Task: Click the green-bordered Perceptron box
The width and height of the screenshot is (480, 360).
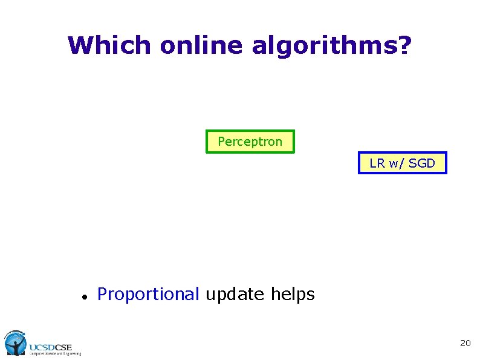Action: pos(250,142)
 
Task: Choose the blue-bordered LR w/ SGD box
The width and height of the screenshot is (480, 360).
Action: pos(402,163)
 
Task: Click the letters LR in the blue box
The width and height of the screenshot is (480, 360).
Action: pos(377,163)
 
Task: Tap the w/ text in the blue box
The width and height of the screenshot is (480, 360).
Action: pos(397,163)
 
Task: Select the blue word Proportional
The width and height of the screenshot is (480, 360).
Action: pos(148,295)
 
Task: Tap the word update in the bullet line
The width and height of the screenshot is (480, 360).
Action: pos(235,295)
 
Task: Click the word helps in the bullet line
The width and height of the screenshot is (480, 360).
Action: pos(293,295)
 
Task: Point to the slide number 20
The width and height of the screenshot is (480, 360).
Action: pos(465,343)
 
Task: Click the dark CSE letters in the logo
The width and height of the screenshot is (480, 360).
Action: pos(63,347)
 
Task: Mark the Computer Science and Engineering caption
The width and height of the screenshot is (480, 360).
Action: pos(55,354)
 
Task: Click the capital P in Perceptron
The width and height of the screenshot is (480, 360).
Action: pos(221,142)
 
